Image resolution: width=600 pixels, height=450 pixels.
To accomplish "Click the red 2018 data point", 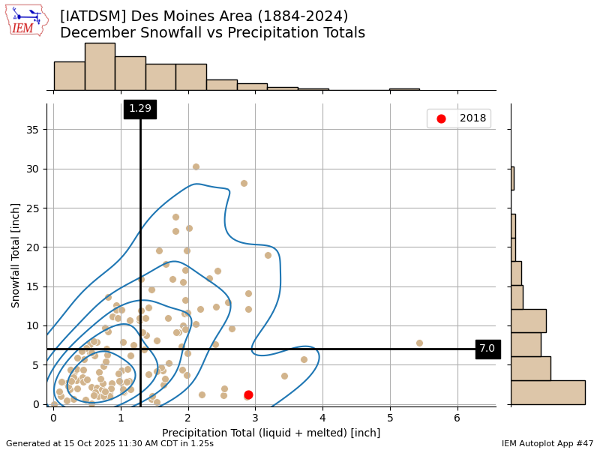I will [248, 394].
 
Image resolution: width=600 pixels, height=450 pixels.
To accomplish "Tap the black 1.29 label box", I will [140, 109].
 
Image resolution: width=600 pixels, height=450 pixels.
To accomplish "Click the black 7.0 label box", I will [487, 349].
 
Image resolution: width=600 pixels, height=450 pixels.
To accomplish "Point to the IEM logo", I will [26, 20].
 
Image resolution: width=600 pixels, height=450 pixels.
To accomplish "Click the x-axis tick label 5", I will [390, 417].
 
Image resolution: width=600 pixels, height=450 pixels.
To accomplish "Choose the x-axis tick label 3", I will [255, 417].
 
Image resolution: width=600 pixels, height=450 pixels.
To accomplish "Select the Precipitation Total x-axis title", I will [271, 433].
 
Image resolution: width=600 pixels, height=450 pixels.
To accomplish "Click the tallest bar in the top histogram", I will [100, 66].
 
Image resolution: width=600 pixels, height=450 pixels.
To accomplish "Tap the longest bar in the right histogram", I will [547, 392].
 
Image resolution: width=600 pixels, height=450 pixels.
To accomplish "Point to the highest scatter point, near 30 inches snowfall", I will [196, 166].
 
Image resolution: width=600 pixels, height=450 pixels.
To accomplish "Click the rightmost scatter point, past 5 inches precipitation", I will [419, 343].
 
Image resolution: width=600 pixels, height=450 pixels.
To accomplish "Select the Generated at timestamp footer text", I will [109, 444].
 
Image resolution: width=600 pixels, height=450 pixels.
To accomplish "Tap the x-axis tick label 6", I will [457, 417].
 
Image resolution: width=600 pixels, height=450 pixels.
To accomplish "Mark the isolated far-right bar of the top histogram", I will [404, 89].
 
